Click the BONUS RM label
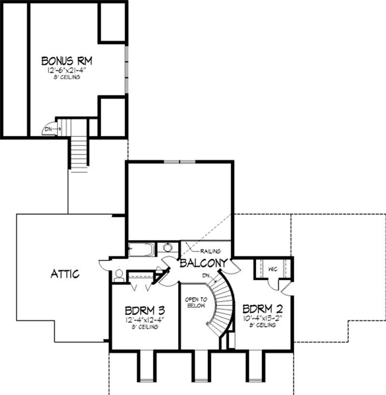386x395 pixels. pos(67,61)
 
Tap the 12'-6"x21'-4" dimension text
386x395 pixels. pos(67,70)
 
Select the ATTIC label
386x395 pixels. pos(65,274)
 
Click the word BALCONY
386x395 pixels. pos(203,263)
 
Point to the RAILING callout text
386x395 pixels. pos(210,251)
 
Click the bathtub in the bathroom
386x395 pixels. pos(142,250)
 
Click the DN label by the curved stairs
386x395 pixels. pos(206,276)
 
